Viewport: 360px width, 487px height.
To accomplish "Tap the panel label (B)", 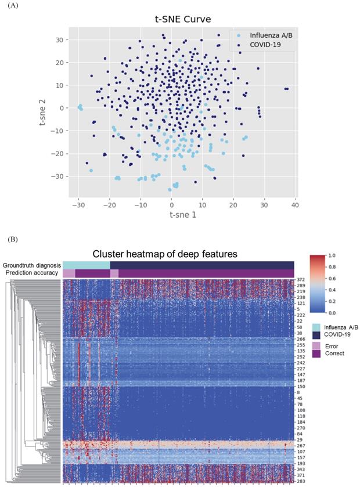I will [x=11, y=239].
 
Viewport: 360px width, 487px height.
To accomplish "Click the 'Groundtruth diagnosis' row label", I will [x=32, y=265].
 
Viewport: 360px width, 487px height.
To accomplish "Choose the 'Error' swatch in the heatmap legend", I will [x=317, y=344].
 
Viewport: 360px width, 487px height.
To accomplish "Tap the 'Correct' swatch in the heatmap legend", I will [x=317, y=353].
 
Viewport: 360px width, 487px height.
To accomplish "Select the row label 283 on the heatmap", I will [x=301, y=481].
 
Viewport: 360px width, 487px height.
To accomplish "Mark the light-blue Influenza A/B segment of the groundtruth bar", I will [x=86, y=265].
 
